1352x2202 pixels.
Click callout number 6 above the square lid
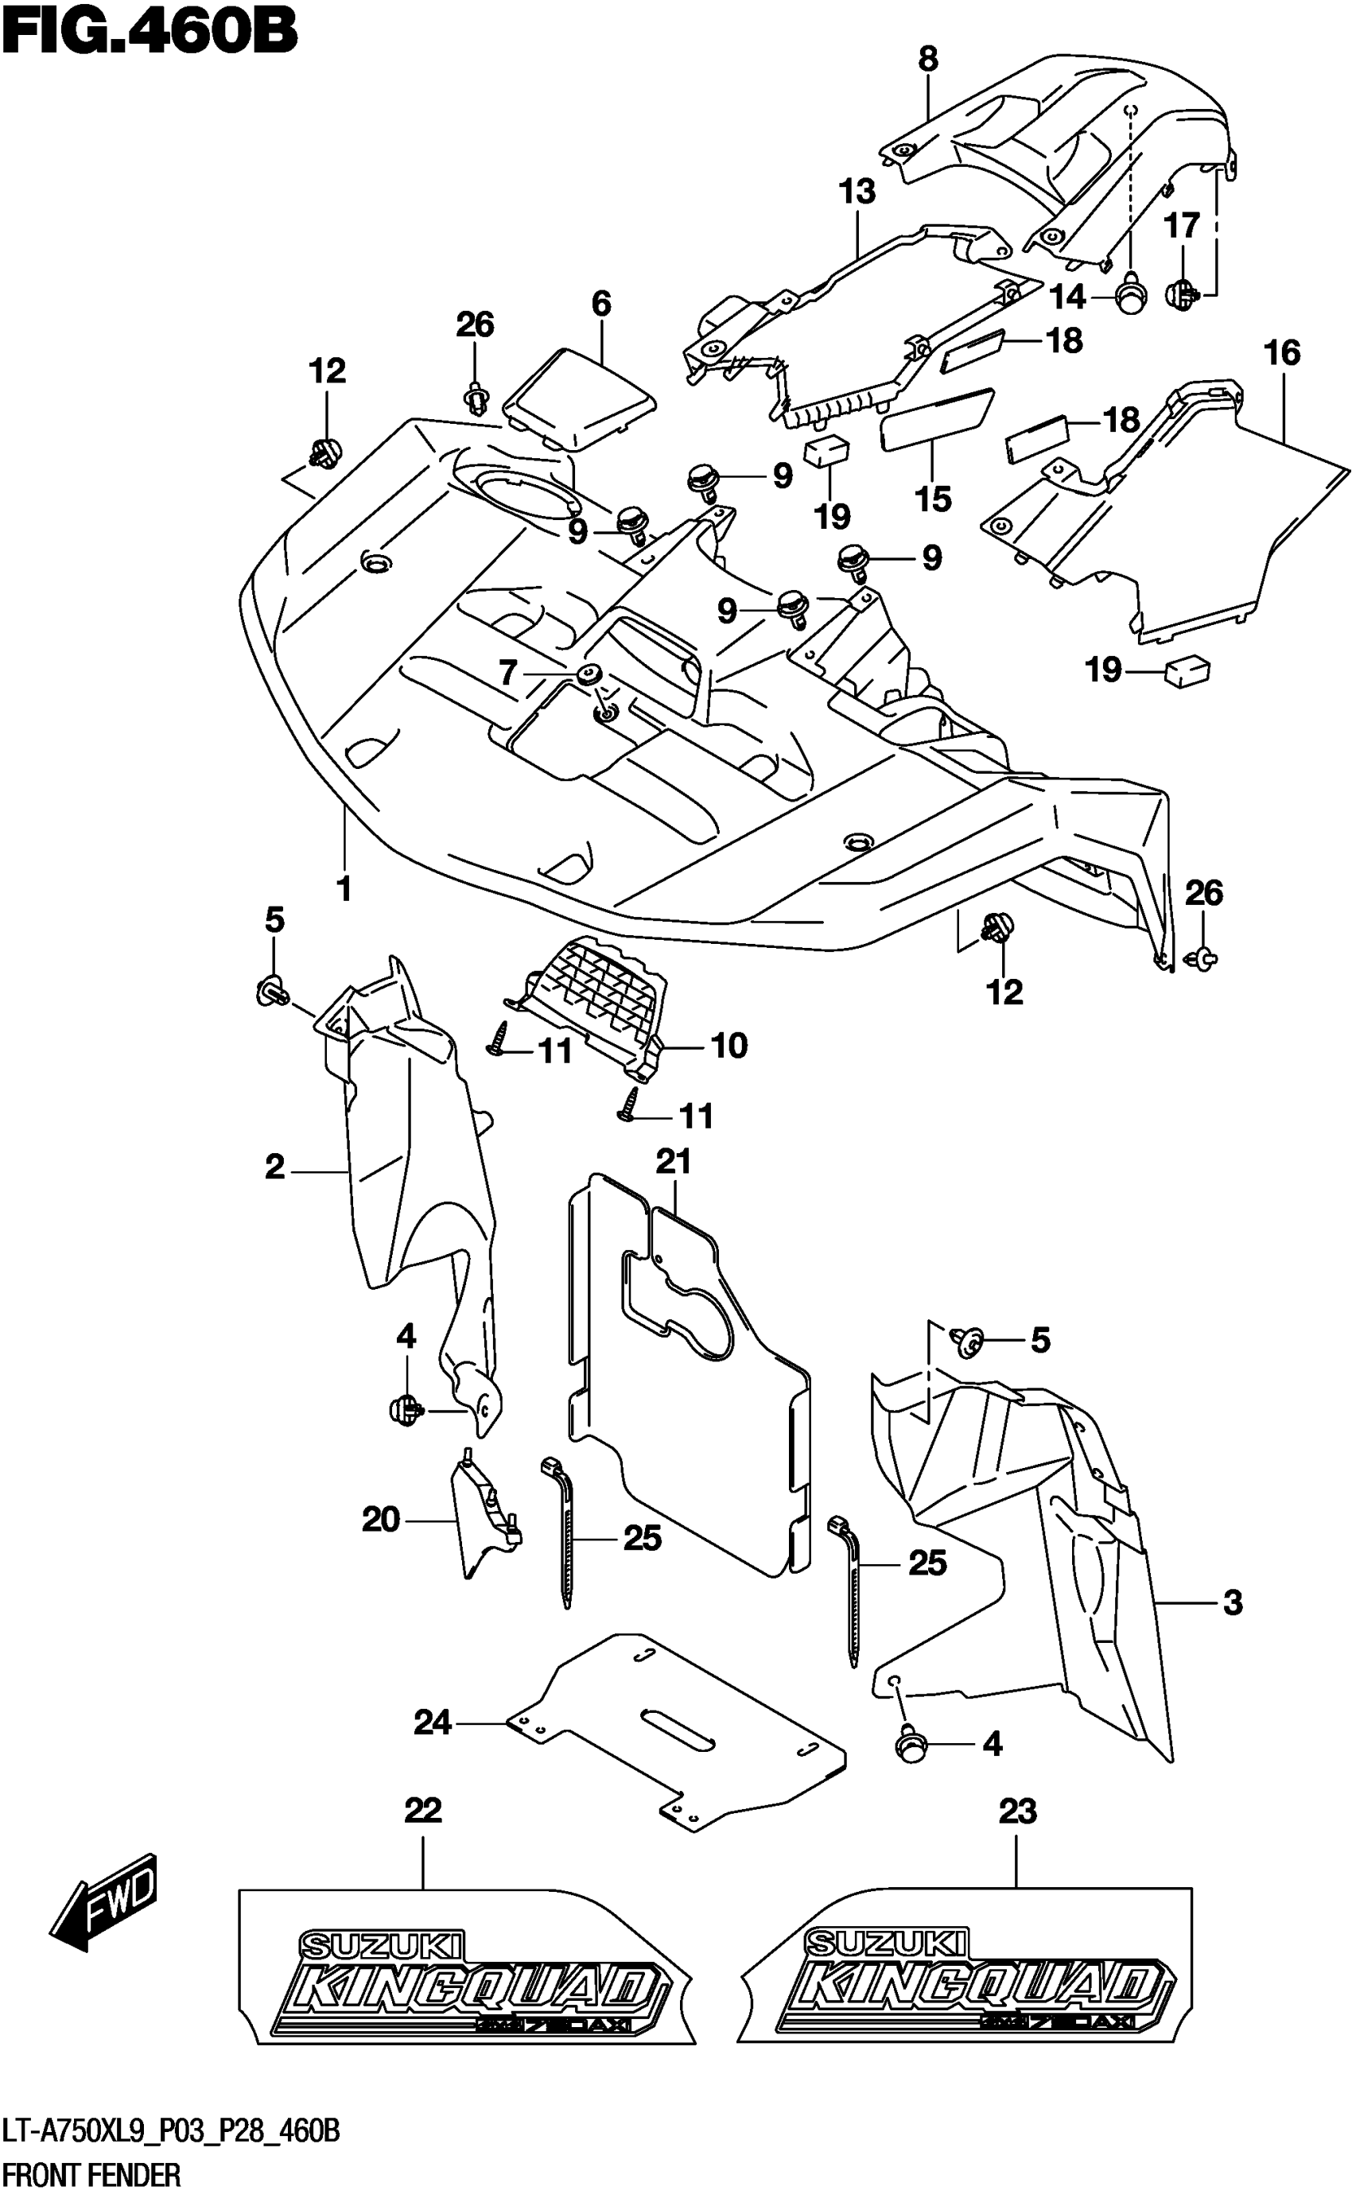pyautogui.click(x=601, y=304)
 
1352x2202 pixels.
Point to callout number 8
pyautogui.click(x=928, y=60)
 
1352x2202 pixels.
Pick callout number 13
pyautogui.click(x=857, y=192)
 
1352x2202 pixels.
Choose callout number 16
pyautogui.click(x=1281, y=353)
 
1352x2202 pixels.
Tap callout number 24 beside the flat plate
pyautogui.click(x=433, y=1722)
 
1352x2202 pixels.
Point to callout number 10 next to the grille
pyautogui.click(x=729, y=1045)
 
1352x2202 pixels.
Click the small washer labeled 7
pyautogui.click(x=589, y=674)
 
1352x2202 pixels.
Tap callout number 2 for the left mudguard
pyautogui.click(x=274, y=1167)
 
